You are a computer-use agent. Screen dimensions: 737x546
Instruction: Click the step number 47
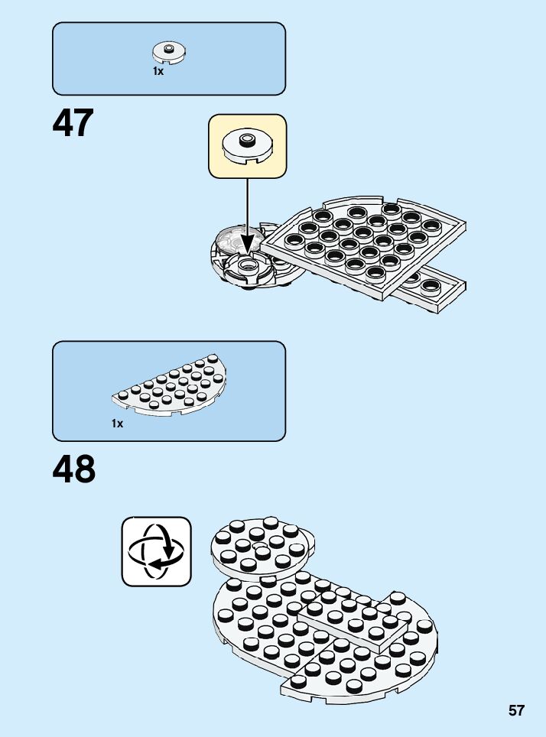(73, 123)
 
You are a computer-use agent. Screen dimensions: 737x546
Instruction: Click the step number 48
(74, 469)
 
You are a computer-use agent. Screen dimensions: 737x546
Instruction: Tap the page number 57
(516, 711)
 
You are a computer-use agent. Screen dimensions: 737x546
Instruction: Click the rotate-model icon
(156, 551)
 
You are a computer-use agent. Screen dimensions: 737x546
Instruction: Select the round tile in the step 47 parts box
(169, 52)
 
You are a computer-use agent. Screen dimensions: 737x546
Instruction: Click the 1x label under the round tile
(158, 71)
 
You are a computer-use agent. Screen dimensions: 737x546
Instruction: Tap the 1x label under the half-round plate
(117, 423)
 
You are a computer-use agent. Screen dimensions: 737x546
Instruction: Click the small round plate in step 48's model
(262, 544)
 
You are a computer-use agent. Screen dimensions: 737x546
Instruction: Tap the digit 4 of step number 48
(64, 469)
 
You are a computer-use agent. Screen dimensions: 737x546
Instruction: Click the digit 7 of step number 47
(83, 123)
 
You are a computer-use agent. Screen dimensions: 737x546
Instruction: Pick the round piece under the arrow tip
(248, 268)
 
